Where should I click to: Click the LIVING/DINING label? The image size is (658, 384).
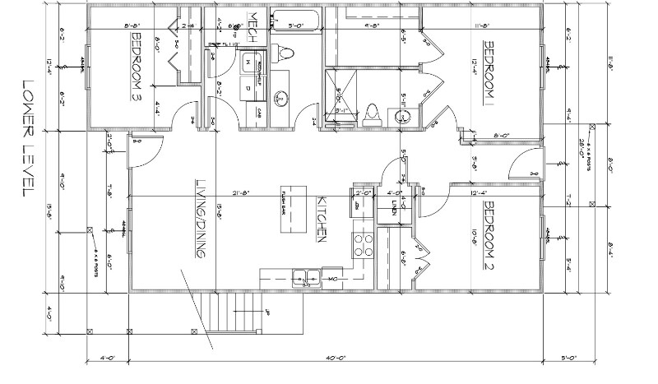click(x=199, y=219)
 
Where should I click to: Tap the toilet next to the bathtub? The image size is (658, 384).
click(x=285, y=54)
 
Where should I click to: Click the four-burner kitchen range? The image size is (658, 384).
click(x=363, y=245)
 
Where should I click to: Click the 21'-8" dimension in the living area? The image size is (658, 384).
click(x=243, y=194)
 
